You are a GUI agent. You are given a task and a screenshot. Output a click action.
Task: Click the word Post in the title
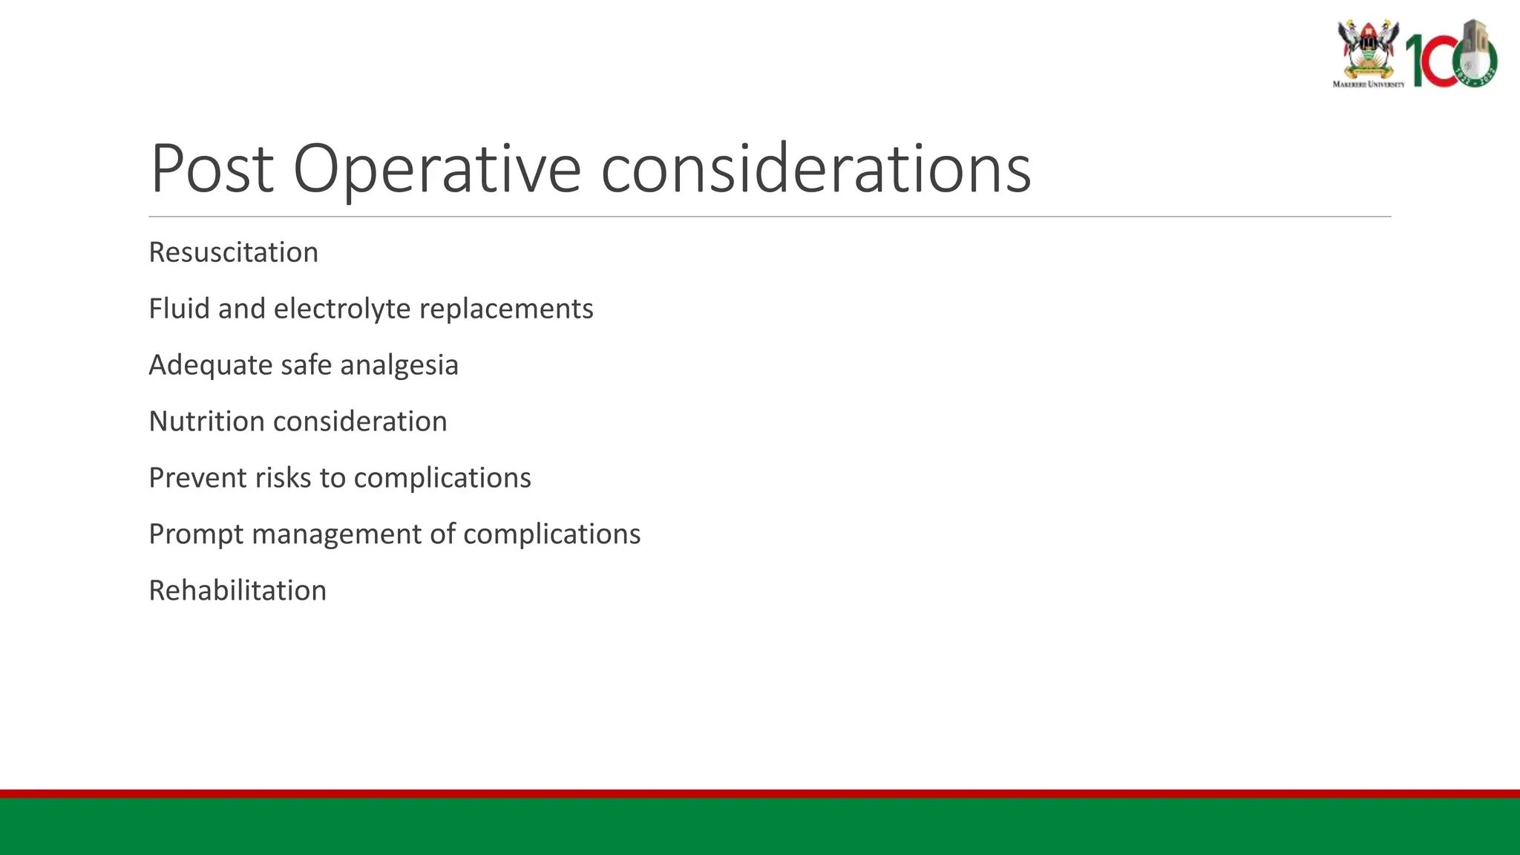pos(212,169)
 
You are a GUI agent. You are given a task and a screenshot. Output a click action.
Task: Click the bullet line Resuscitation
pos(233,252)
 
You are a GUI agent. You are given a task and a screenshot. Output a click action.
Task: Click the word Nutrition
pos(206,422)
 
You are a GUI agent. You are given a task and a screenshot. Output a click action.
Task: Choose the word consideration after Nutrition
pos(360,422)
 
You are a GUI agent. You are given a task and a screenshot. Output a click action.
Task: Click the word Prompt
pos(196,534)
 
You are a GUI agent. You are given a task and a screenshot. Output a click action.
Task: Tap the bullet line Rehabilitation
pos(237,591)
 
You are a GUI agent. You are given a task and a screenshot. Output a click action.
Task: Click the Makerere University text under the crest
pos(1369,84)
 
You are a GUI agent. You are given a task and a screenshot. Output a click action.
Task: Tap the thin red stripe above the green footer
pos(760,793)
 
